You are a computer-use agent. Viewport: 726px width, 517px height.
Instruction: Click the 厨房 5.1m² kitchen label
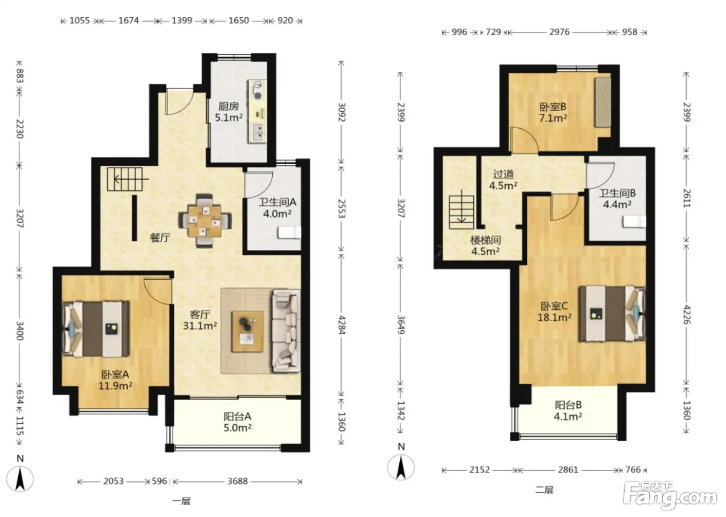229,112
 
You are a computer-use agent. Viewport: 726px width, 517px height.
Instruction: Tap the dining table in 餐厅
205,221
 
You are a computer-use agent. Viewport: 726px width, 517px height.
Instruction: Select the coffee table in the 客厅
247,331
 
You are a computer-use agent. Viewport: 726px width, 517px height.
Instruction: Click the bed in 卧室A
96,329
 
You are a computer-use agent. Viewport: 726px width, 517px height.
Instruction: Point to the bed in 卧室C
612,314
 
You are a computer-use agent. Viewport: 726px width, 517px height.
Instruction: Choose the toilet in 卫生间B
634,222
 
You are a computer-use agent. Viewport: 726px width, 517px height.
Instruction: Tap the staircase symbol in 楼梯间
461,212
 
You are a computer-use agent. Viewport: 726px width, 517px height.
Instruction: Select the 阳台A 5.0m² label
238,422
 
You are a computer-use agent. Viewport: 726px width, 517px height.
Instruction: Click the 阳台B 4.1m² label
568,411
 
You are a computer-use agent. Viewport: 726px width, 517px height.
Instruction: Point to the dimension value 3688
238,481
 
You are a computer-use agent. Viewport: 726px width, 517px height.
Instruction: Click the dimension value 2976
559,32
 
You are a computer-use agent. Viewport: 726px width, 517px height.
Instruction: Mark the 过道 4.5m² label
503,180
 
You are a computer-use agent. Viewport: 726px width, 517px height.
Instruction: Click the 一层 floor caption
181,501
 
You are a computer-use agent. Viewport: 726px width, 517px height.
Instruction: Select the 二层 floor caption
544,489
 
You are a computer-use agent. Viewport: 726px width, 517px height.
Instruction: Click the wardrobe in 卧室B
603,102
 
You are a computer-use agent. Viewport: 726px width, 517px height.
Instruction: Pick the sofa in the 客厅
286,331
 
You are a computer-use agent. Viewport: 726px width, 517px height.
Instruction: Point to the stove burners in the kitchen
258,90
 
